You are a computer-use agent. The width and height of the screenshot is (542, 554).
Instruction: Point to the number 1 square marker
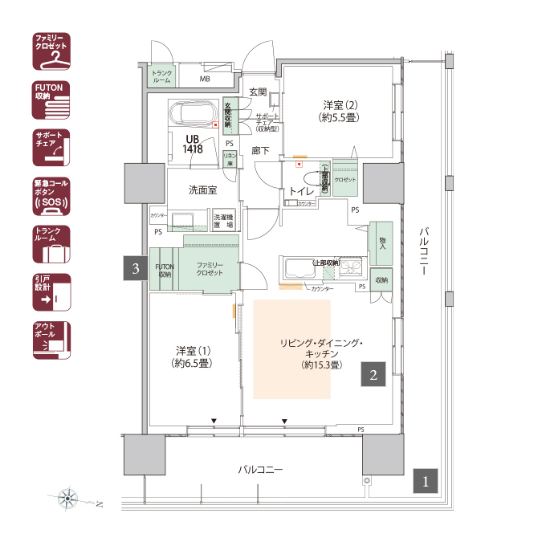pos(426,480)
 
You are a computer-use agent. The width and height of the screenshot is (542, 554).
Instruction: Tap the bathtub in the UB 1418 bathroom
pos(194,115)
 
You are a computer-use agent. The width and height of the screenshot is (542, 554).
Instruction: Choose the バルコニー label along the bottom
pos(262,470)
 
